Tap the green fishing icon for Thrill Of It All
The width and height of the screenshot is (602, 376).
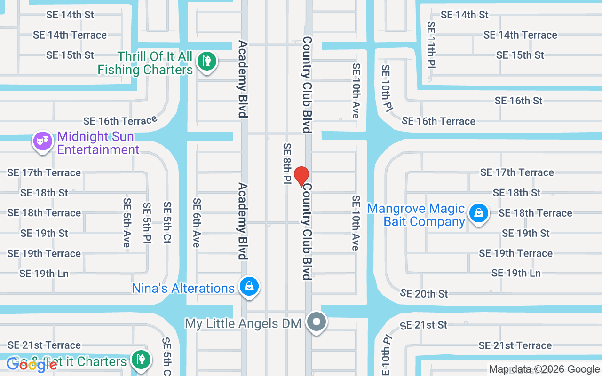[x=206, y=61]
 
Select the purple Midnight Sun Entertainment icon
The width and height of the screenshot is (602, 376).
[x=43, y=141]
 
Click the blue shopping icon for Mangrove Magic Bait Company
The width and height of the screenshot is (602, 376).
[x=478, y=213]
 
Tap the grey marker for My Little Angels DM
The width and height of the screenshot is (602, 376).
[x=317, y=322]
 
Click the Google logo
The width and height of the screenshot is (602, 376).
[x=32, y=365]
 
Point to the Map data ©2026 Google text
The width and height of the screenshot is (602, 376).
[x=544, y=369]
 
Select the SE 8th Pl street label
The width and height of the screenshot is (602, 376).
[x=287, y=164]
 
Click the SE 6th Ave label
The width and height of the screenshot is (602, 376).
[x=197, y=222]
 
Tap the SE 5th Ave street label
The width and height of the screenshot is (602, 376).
[x=127, y=222]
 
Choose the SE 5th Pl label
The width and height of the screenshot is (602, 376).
[x=147, y=223]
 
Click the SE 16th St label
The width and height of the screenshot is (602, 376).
[x=518, y=101]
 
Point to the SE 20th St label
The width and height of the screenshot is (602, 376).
[x=424, y=294]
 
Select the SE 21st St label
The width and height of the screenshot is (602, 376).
[x=423, y=325]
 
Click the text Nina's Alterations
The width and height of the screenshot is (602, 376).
[x=183, y=288]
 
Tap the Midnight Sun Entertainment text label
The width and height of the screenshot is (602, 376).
[x=98, y=143]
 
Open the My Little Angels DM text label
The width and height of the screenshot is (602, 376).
[x=243, y=323]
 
